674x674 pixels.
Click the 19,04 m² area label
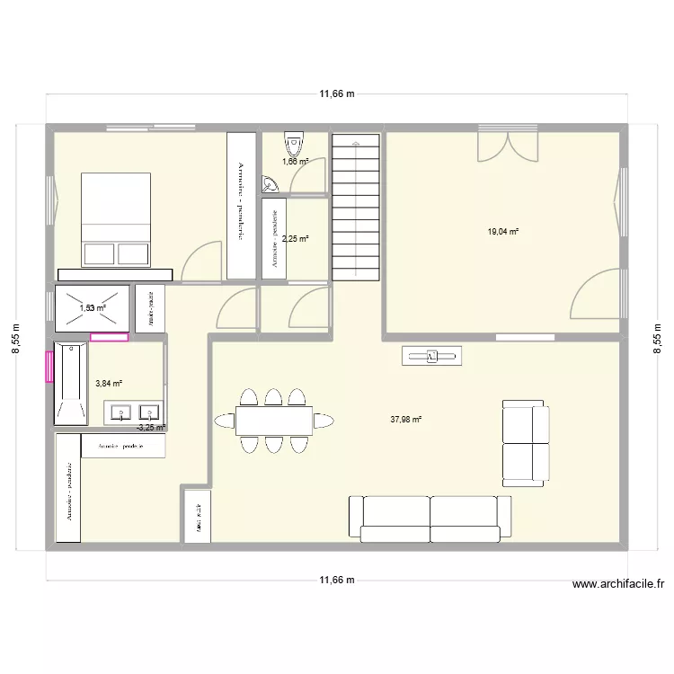(x=503, y=231)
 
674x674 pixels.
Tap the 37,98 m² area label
(x=406, y=419)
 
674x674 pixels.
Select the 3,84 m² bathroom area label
(x=109, y=384)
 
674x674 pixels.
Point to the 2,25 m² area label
(x=295, y=239)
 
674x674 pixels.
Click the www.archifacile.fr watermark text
(x=618, y=584)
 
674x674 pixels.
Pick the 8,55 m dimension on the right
(x=657, y=339)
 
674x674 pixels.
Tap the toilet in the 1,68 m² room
(x=294, y=144)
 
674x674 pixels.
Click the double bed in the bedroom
(x=116, y=219)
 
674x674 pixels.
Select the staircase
(x=357, y=207)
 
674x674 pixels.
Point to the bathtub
(x=70, y=383)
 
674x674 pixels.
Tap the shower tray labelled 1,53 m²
(x=93, y=308)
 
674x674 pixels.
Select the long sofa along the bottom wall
(x=430, y=519)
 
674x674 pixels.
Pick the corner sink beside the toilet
(x=270, y=186)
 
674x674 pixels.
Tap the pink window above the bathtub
(x=109, y=338)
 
